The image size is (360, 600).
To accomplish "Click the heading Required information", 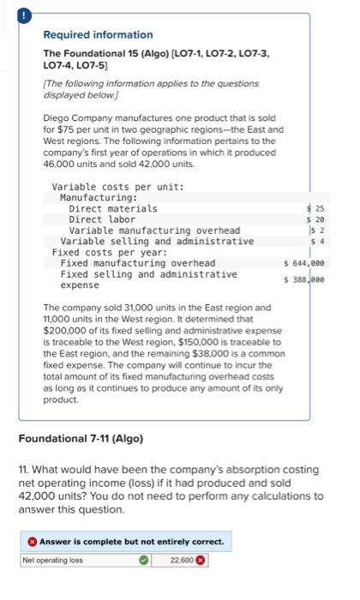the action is (98, 35).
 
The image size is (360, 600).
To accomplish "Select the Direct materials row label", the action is (112, 208).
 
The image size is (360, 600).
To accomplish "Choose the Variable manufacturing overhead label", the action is (154, 231).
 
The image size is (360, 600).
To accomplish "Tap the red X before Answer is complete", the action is (31, 543).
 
